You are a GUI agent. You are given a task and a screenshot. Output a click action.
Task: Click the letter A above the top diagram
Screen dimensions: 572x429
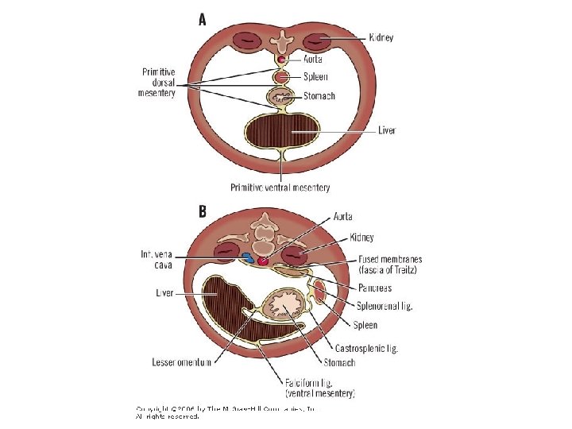(203, 20)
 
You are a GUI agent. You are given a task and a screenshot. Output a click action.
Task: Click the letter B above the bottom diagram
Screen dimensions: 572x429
(203, 212)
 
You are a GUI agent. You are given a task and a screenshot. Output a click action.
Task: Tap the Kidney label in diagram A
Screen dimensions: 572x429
(381, 37)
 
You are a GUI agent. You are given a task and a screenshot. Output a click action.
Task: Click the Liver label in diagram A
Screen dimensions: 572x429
(387, 130)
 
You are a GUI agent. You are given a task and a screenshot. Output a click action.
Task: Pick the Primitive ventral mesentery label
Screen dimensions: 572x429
(280, 187)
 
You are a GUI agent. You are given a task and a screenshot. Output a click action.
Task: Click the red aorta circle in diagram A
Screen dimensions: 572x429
(281, 60)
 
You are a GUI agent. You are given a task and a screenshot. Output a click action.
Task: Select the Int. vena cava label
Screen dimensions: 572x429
(159, 259)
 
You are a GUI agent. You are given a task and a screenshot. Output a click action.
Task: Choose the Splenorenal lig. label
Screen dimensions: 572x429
(385, 306)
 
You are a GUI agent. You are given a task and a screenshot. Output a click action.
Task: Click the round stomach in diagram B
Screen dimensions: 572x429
(283, 306)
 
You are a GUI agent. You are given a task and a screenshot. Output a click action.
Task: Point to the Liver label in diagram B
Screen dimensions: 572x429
(164, 293)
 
